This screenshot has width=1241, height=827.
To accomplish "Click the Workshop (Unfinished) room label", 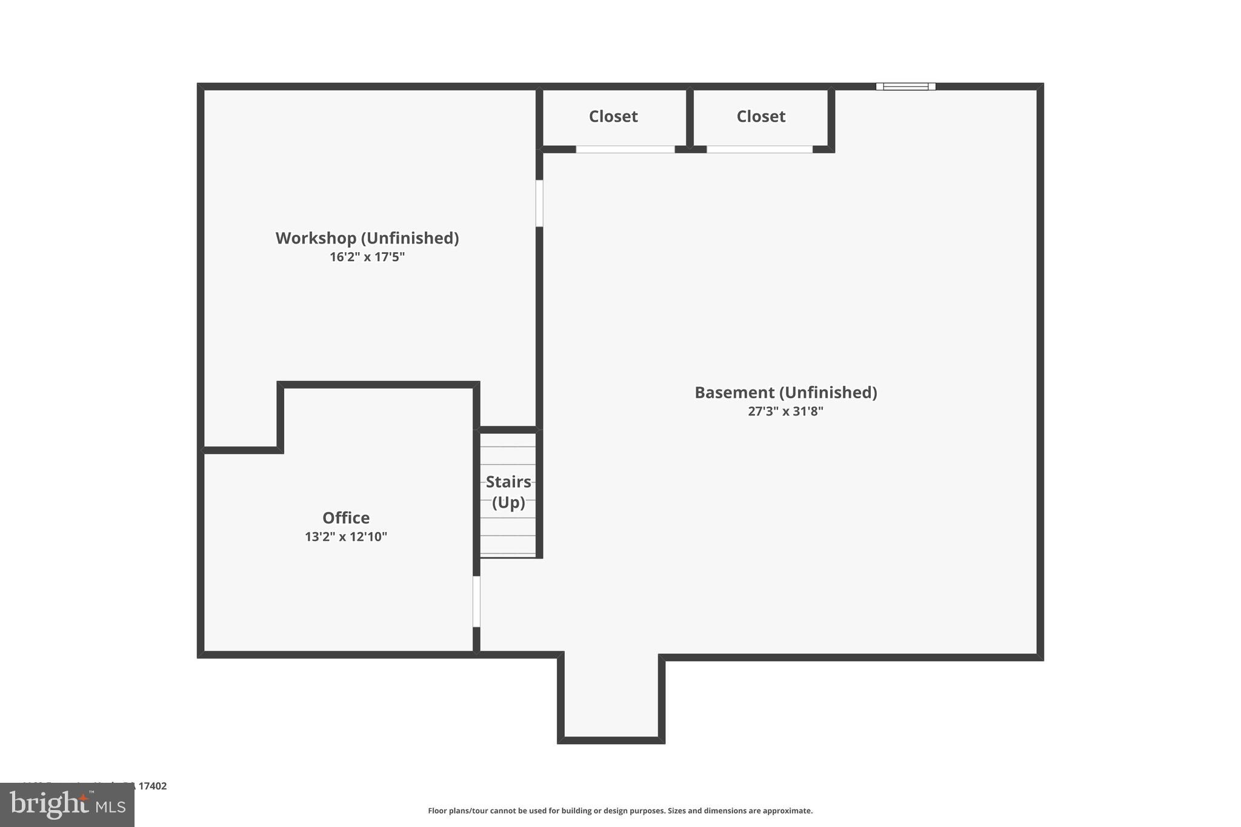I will click(x=367, y=238).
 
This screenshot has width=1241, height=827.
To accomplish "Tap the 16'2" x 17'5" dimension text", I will click(x=367, y=257).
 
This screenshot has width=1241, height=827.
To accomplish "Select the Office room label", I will click(x=346, y=518).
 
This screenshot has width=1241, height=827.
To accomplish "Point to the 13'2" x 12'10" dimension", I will click(x=346, y=537).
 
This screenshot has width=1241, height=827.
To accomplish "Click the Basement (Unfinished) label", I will click(x=785, y=393).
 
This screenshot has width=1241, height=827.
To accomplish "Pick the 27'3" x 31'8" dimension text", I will click(x=785, y=411).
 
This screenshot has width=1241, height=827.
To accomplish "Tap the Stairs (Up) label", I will click(x=508, y=492).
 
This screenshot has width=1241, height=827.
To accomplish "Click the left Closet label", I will click(x=613, y=116).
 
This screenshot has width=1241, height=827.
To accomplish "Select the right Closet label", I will click(x=761, y=116).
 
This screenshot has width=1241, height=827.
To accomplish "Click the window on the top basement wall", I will click(x=905, y=87).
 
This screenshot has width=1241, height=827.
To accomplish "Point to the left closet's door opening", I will click(x=625, y=150).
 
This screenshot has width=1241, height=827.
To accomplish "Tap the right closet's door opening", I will click(x=759, y=150).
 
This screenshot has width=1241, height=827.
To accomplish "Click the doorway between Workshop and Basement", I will click(x=539, y=203).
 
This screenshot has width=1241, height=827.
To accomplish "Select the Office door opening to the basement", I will click(x=476, y=601).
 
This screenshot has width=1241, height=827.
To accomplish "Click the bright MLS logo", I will click(x=67, y=805).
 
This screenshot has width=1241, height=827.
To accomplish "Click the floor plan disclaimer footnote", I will click(x=620, y=811).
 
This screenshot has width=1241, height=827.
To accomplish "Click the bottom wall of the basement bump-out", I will click(x=611, y=740).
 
